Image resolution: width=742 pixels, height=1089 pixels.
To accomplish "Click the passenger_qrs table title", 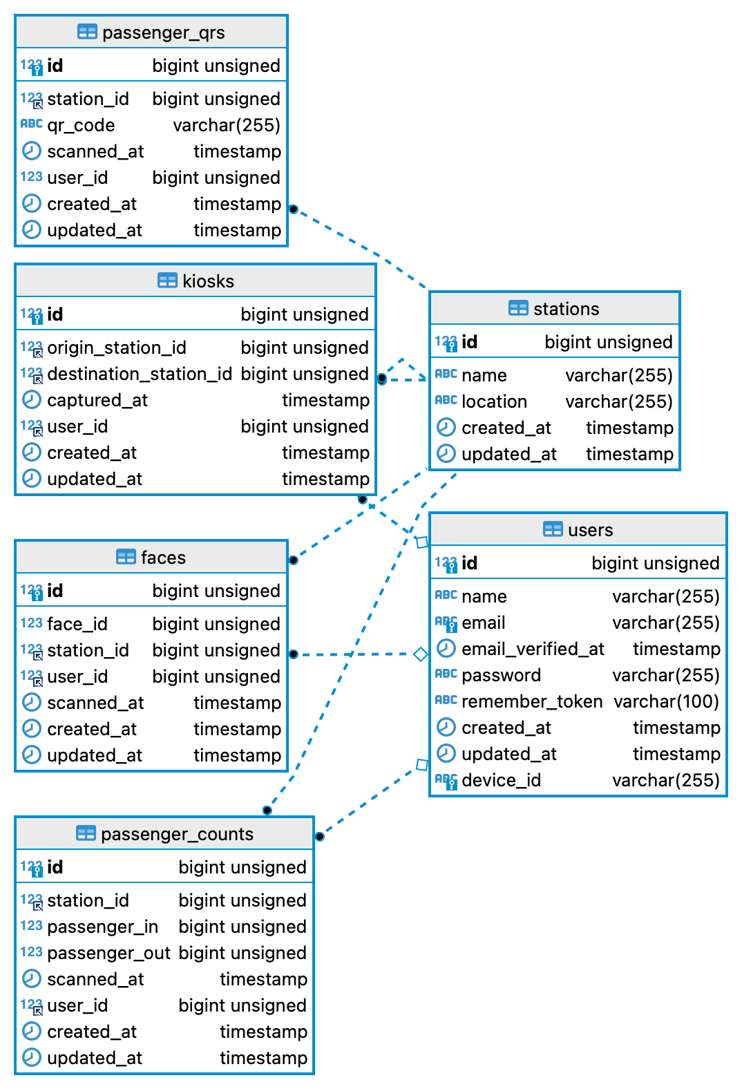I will [163, 32].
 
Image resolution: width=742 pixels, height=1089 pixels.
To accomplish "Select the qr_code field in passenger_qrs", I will [80, 125].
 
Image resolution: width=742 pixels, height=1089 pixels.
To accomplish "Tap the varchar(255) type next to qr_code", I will [226, 125].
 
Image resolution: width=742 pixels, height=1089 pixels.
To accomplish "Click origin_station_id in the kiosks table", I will [116, 348].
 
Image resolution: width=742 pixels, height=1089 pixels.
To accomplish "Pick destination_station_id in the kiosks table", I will [139, 374].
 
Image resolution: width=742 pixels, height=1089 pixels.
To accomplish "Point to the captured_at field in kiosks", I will [97, 400].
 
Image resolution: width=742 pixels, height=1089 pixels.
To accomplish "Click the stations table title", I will [566, 309].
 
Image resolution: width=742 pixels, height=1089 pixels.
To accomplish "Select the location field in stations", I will [494, 401].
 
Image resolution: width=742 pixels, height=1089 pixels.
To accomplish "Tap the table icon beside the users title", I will [553, 530].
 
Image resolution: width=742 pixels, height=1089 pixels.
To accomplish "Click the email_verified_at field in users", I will [532, 649].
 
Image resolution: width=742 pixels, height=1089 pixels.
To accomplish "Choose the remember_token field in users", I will [531, 701].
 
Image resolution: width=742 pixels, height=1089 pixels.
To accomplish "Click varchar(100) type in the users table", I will [666, 701].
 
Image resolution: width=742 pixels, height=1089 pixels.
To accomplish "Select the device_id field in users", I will [501, 780].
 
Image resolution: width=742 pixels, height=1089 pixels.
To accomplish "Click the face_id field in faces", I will [77, 624].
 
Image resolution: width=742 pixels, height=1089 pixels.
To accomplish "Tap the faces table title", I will [163, 558].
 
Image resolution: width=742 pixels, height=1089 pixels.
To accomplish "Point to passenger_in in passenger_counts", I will [102, 927].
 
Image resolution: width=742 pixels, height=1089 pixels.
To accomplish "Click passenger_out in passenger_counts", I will [108, 953].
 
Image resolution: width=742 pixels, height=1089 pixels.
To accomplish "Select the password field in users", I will [501, 675].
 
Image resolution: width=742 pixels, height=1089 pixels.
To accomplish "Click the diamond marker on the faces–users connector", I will [420, 654].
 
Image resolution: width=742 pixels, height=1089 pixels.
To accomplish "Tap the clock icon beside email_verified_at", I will [446, 649].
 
